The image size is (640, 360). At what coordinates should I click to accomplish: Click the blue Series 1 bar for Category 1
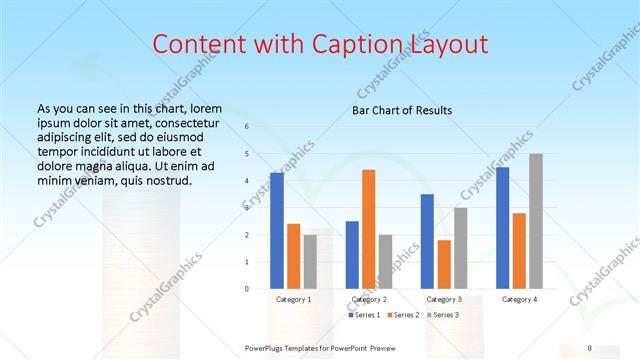277,230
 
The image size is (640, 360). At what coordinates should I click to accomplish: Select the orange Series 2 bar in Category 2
368,229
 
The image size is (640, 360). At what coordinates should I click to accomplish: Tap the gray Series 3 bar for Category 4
536,221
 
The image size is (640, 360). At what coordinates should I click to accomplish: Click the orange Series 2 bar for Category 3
444,264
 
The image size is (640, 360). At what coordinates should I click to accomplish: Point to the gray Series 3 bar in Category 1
310,261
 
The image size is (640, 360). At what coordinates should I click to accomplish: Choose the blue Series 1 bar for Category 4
502,227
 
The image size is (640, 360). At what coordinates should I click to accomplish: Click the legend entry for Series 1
364,315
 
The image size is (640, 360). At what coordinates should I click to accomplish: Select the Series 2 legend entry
403,315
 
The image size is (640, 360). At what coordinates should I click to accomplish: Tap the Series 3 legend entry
442,315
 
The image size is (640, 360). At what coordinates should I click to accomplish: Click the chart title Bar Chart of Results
402,110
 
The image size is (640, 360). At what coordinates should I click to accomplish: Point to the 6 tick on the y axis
247,127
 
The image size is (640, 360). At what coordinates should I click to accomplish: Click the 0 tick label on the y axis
247,288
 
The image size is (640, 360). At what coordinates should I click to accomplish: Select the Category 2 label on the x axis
368,299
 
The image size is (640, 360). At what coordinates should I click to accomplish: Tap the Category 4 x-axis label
519,299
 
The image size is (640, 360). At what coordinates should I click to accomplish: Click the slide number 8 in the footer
588,347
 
